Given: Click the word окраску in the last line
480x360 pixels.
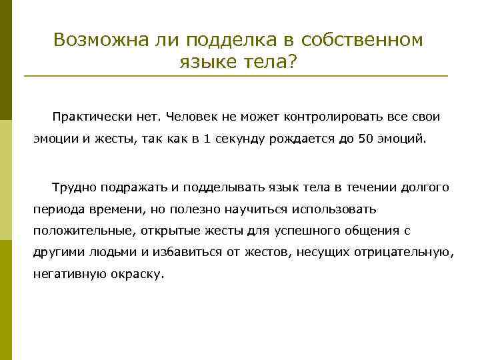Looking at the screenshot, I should (x=136, y=275).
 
